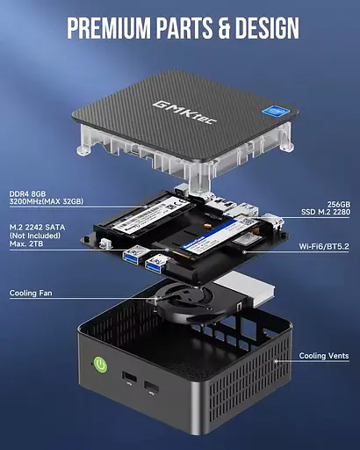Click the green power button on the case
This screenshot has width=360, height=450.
99,362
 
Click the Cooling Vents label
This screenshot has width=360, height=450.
324,356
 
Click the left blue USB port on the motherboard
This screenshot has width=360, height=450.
135,255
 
